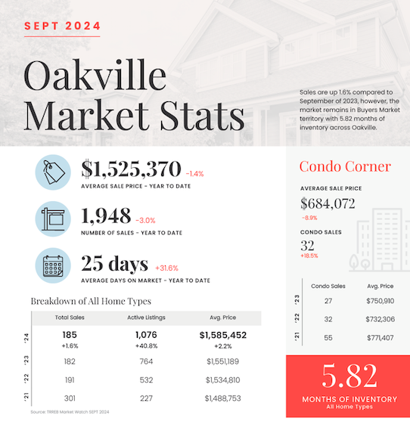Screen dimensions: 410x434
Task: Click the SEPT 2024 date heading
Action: (x=62, y=26)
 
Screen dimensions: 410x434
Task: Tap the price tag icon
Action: (x=53, y=172)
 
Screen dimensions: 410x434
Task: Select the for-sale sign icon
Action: (x=53, y=219)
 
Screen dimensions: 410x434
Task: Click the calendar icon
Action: (x=53, y=265)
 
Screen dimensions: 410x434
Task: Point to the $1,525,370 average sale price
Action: (x=131, y=169)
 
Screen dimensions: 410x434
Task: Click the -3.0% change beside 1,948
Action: (x=145, y=221)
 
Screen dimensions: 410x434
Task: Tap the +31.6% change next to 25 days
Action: (x=166, y=268)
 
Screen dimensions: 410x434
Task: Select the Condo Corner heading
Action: (x=345, y=166)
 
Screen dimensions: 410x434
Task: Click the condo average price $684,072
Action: (x=328, y=203)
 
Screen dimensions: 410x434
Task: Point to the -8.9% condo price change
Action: (x=309, y=218)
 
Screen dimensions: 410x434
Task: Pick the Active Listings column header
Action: (x=146, y=318)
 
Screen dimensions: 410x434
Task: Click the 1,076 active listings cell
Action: (x=146, y=335)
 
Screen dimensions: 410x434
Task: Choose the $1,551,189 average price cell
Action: (x=223, y=361)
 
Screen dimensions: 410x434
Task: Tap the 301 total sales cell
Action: (x=70, y=398)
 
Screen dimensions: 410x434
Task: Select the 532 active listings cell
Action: (x=146, y=380)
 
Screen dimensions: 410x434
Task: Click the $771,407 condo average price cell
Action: (x=380, y=338)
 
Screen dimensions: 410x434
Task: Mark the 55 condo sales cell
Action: (x=328, y=338)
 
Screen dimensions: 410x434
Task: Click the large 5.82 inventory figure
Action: (x=349, y=376)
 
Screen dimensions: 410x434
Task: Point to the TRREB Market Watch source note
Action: (x=70, y=412)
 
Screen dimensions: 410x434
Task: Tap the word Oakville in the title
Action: (x=95, y=75)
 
